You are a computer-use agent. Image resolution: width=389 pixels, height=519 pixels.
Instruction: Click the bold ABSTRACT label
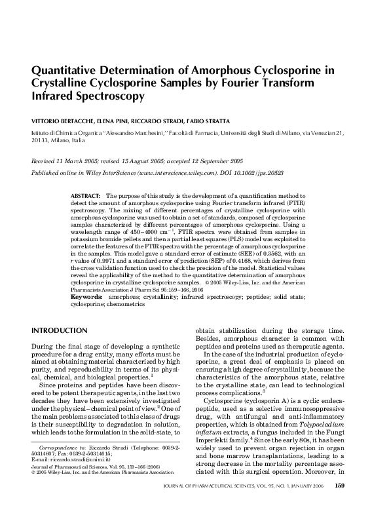85,196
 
